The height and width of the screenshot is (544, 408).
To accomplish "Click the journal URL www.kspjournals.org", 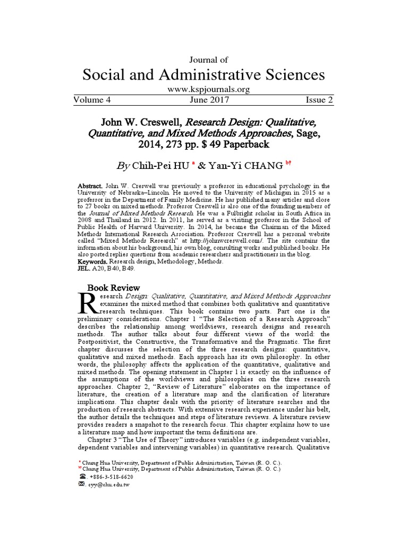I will [x=204, y=90].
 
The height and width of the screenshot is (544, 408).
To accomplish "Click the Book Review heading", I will [x=109, y=287].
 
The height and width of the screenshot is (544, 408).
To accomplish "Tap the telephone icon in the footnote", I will [x=81, y=477].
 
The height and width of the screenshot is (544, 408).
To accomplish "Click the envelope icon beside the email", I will [x=81, y=484].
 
